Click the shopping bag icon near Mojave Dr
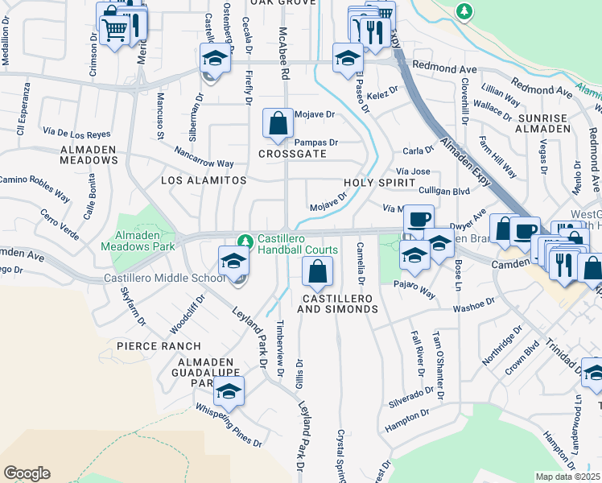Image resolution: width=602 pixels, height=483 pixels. pos(278,124)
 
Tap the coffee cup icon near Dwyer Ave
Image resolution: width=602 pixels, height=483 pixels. pos(418,219)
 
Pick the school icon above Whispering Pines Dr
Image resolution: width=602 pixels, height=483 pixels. pos(229,392)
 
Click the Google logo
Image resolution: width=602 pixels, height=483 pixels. pos(27,473)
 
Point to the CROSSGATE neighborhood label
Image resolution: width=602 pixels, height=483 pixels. pos(292,154)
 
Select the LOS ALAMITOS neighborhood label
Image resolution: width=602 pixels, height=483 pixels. pos(204,181)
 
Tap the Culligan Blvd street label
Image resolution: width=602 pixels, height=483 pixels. pos(444,192)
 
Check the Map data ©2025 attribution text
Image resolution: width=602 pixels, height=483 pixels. pos(568,477)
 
